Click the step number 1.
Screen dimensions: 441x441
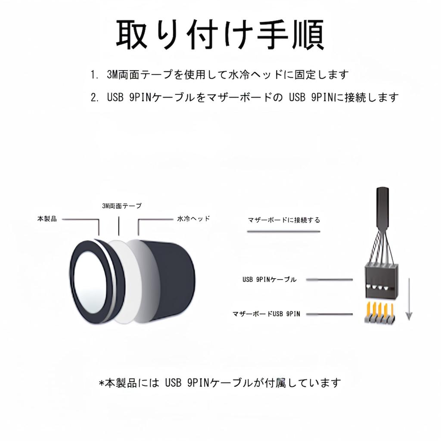coord(94,75)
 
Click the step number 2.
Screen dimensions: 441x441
coord(94,97)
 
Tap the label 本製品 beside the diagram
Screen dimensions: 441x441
coord(47,219)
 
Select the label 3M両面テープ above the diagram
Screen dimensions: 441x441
coord(121,206)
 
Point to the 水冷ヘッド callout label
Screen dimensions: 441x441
coord(193,219)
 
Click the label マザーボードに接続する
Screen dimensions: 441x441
coord(284,220)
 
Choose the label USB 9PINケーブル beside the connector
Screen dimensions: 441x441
coord(270,280)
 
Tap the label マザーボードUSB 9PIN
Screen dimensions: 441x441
coord(266,314)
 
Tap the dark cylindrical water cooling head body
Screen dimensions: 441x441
coord(172,280)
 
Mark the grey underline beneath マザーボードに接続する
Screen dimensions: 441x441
coord(284,232)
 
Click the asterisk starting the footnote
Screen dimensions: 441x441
coord(102,382)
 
